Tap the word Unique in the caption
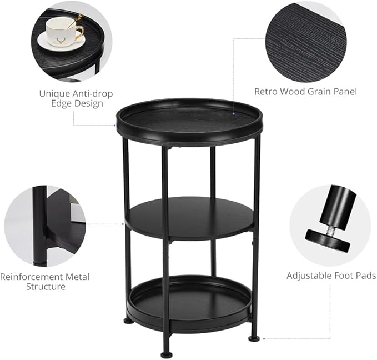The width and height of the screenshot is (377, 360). coord(54,93)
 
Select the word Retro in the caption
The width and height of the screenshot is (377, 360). coord(266,92)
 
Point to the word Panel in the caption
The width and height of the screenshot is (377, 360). coord(345,92)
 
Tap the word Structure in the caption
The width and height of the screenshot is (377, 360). coord(46,287)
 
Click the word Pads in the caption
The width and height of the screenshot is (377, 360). coord(365,276)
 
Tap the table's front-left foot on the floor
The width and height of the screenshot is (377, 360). coord(166,354)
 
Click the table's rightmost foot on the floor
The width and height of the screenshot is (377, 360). coord(254,337)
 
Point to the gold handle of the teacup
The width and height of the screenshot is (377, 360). coord(78,29)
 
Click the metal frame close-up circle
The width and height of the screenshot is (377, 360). coord(44,226)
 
